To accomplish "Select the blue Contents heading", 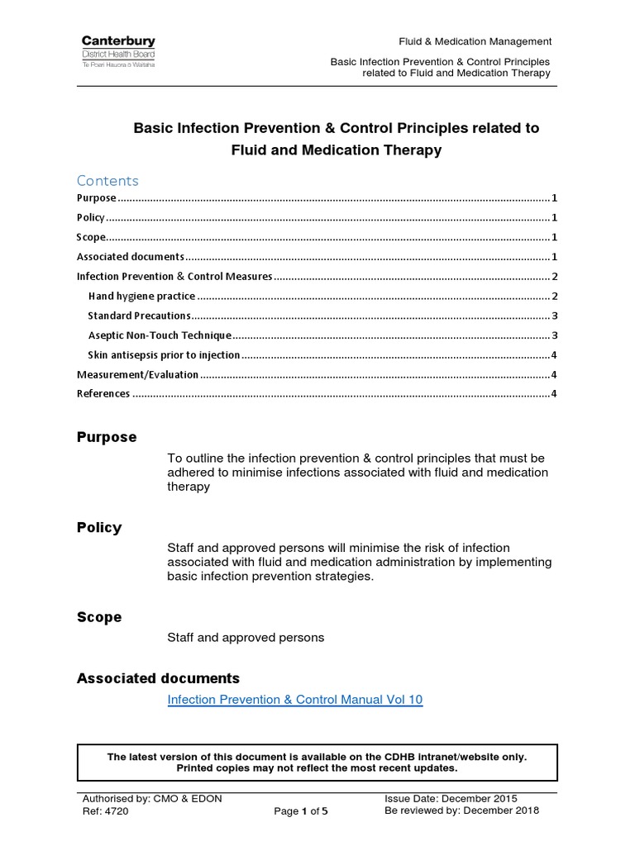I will [x=107, y=180].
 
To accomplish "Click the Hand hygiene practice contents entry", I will [x=141, y=296].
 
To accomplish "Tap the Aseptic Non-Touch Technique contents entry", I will [x=159, y=335].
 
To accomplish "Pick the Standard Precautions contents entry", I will [x=139, y=316].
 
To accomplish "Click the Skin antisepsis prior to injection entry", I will [x=164, y=355].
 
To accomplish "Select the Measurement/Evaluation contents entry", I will [x=137, y=374].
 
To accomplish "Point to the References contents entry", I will [x=103, y=393].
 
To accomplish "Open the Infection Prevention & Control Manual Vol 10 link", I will [x=294, y=700].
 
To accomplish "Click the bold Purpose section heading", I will [x=107, y=437].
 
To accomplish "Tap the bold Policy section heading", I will [x=99, y=527].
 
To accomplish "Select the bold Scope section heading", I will [x=99, y=617].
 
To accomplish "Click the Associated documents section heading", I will [x=158, y=678].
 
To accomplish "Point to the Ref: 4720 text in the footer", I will [x=106, y=810].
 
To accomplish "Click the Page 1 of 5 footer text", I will [x=301, y=811].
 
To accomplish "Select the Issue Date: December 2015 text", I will [x=451, y=798].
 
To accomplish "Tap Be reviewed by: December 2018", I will [x=461, y=810].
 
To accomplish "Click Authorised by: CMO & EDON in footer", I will [x=152, y=798].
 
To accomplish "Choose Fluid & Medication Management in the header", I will [x=475, y=41].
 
